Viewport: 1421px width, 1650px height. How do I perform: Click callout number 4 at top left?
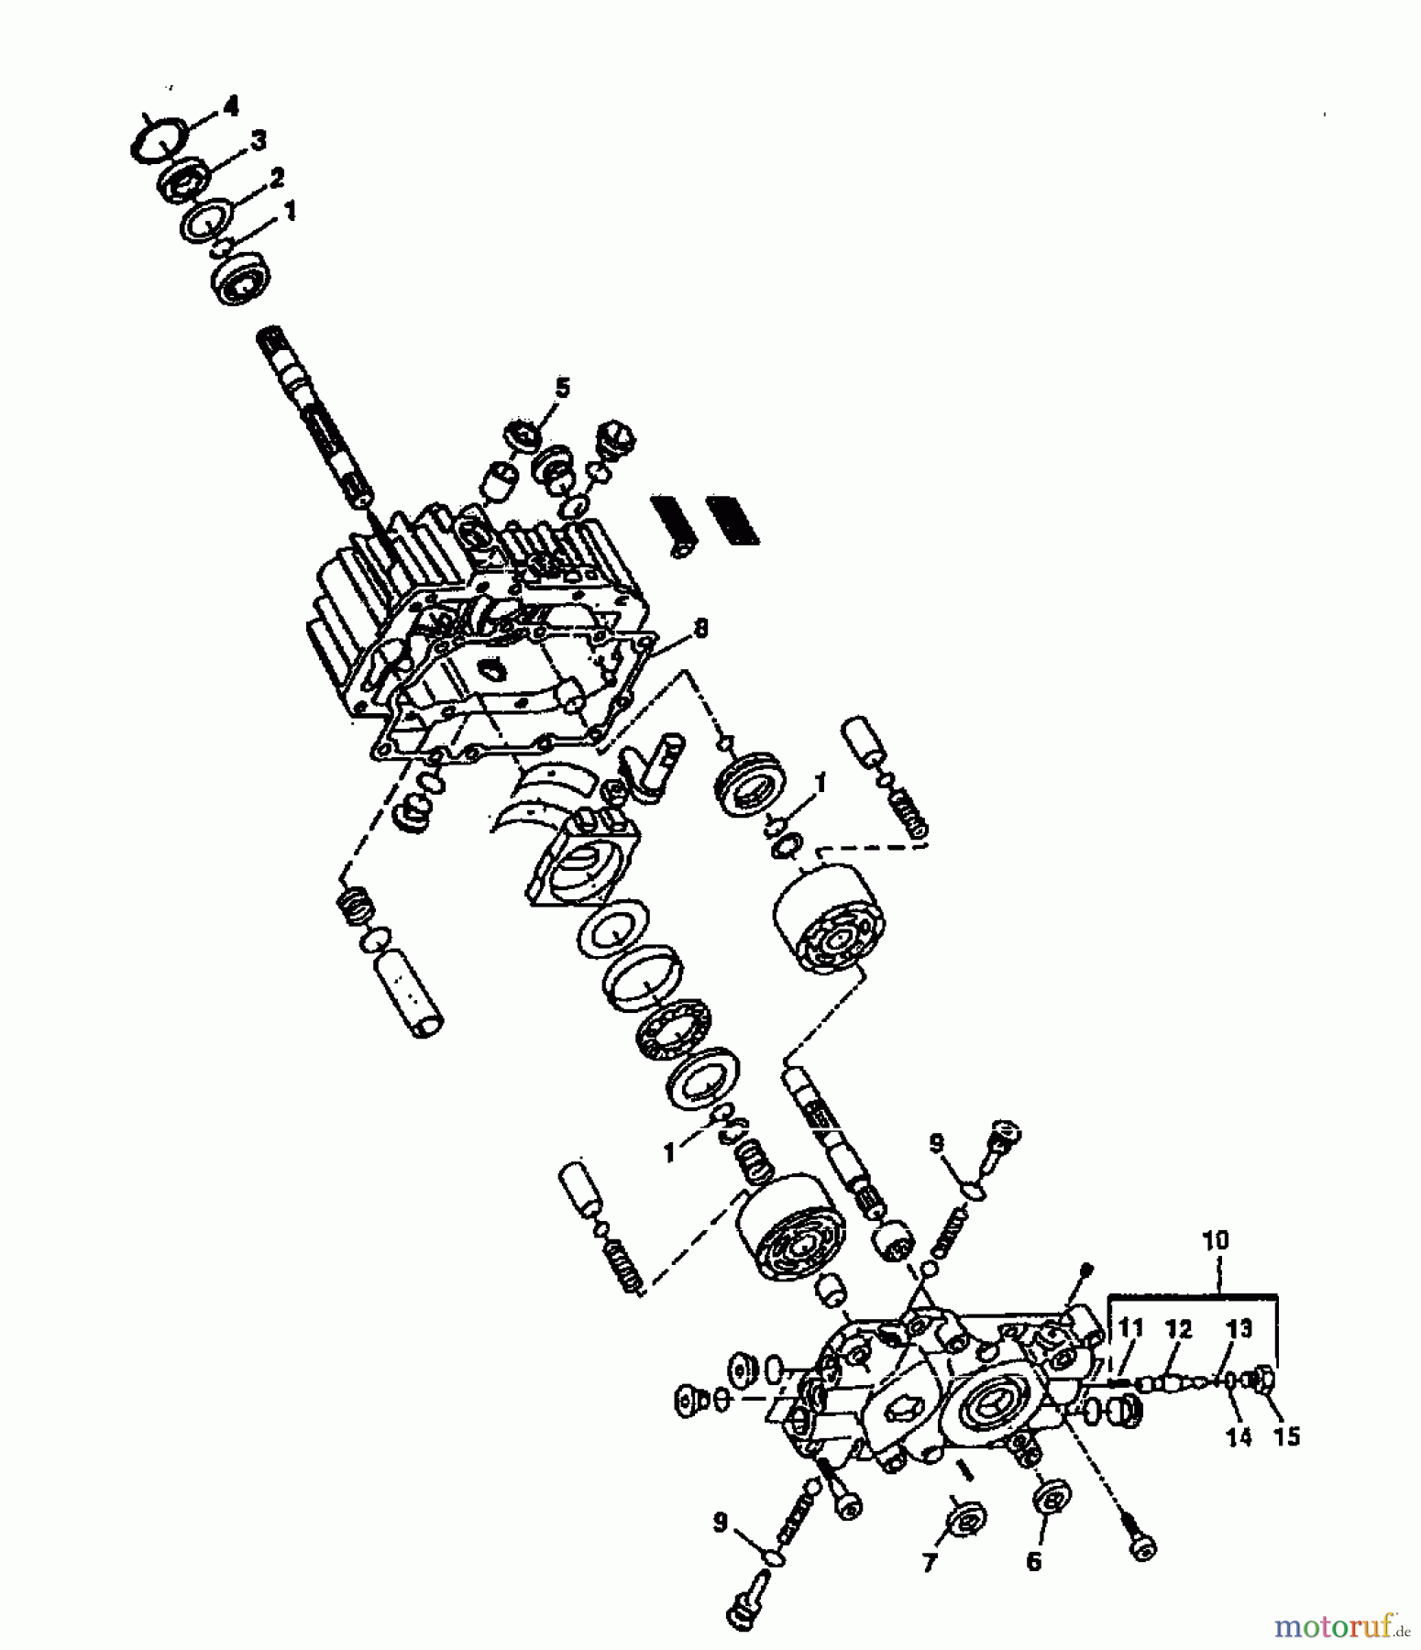[230, 106]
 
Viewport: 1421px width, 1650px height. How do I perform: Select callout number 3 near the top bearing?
[259, 140]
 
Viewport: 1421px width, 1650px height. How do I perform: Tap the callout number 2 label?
[276, 176]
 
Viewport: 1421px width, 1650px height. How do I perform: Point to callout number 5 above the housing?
[562, 387]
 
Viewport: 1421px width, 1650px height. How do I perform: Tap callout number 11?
[1131, 1326]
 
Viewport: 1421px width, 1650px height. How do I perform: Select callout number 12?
[1179, 1327]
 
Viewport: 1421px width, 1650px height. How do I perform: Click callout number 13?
[1239, 1327]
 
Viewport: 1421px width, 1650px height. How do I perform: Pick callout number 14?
[1239, 1436]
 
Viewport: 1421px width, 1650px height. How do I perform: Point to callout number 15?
[1287, 1436]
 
